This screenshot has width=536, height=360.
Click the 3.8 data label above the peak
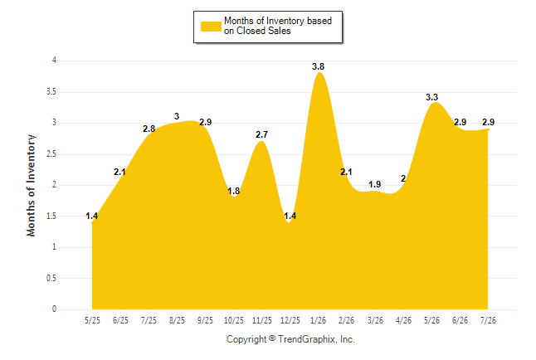tap(318, 66)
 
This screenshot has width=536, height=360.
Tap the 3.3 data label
tap(431, 97)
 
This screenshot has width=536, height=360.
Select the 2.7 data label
tap(262, 134)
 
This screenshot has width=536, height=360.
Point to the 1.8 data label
tap(234, 191)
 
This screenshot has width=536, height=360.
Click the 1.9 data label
tap(375, 185)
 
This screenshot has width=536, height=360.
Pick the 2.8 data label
tap(149, 129)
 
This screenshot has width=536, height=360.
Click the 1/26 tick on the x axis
tap(318, 320)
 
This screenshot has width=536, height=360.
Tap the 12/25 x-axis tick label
tap(290, 320)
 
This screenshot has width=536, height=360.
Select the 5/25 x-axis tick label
tap(92, 320)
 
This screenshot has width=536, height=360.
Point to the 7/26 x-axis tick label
tap(488, 320)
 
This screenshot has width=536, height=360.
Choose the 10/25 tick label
tap(234, 320)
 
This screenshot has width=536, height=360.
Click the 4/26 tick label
tap(403, 320)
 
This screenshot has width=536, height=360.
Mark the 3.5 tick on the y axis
tap(51, 91)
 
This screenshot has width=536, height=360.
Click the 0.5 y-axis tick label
tap(51, 278)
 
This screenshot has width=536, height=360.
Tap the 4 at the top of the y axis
tap(54, 61)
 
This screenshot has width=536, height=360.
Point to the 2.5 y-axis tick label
tap(51, 153)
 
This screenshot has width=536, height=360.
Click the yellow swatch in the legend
tap(211, 27)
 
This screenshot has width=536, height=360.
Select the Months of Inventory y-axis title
tap(31, 185)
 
